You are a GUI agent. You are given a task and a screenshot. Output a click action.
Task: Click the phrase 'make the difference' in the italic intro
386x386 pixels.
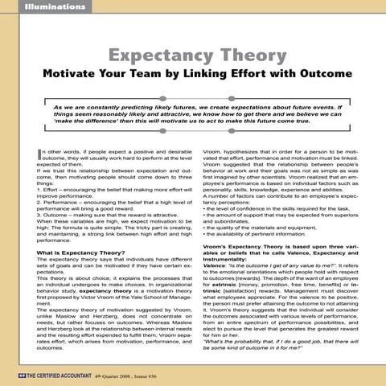(84, 130)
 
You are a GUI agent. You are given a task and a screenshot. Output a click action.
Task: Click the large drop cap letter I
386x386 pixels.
(39, 156)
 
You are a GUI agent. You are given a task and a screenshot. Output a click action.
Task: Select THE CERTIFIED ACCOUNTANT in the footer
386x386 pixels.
(55, 376)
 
